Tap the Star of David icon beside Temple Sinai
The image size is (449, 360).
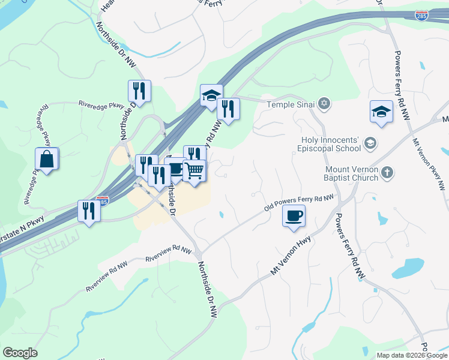[x=324, y=104]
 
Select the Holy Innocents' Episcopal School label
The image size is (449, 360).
[x=331, y=144]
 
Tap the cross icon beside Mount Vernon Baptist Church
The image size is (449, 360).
[x=388, y=173]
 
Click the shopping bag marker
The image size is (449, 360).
[x=46, y=160]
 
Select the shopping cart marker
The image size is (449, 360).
[x=194, y=171]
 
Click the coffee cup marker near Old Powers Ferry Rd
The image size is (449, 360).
[x=294, y=216]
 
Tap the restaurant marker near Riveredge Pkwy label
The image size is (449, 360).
[x=139, y=92]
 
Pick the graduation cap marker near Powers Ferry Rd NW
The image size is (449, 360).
[x=381, y=112]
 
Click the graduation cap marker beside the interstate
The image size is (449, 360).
[x=211, y=96]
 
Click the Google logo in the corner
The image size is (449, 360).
[x=20, y=353]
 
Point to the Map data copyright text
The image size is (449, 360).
[x=411, y=355]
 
